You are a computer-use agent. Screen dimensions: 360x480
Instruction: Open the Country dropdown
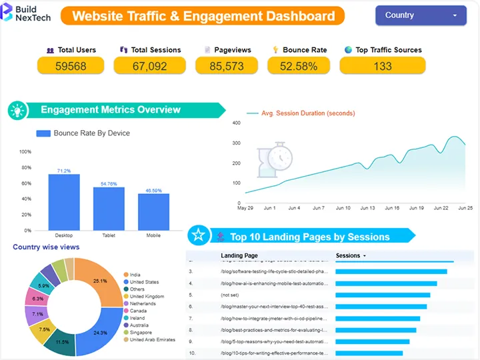421,15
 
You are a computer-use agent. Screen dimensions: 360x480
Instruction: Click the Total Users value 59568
71,65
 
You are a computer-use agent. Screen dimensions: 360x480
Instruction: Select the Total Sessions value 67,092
149,65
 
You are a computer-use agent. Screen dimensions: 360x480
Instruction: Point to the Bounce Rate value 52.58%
299,65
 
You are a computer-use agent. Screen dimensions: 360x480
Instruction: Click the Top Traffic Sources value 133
382,65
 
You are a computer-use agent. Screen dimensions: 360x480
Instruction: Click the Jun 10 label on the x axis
343,208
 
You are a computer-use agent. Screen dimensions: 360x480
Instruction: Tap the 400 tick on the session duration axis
236,123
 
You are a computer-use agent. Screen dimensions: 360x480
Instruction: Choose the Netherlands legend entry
143,303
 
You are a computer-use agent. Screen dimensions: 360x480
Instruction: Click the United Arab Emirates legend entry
153,340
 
